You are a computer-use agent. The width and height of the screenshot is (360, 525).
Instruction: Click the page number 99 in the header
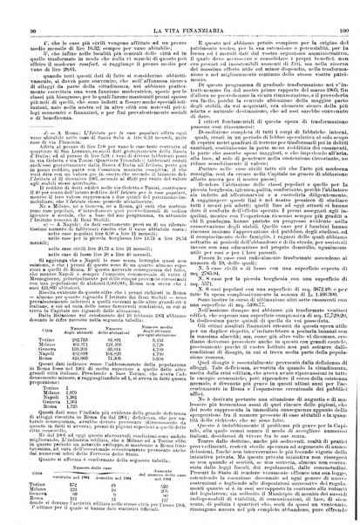tap(18, 7)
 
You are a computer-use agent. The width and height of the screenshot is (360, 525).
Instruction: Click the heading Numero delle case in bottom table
tap(87, 467)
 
